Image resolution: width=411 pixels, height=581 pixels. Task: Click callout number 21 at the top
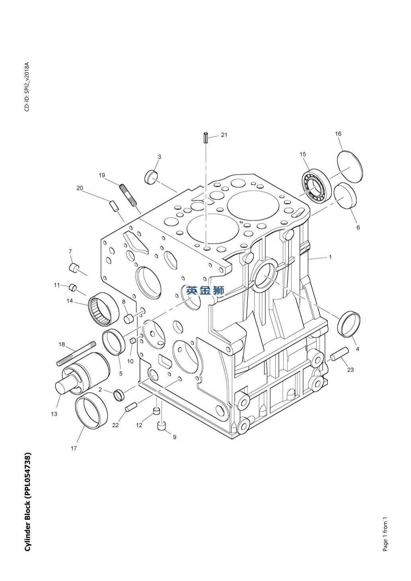(224, 135)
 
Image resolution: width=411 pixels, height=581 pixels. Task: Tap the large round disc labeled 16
(350, 167)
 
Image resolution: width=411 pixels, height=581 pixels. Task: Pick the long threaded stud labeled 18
(77, 353)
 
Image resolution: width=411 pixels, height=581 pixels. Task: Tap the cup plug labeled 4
(349, 324)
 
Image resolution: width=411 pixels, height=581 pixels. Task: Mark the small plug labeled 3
(151, 177)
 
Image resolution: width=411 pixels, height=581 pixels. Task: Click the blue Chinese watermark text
(205, 290)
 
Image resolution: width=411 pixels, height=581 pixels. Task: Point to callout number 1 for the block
(330, 257)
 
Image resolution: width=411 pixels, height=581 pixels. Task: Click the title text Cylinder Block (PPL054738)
(27, 501)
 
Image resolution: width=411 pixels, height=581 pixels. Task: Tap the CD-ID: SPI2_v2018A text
(27, 87)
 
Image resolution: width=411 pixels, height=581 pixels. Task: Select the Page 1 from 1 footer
(385, 534)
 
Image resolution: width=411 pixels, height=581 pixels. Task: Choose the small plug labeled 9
(162, 427)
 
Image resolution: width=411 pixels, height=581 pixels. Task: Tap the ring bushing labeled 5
(115, 342)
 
